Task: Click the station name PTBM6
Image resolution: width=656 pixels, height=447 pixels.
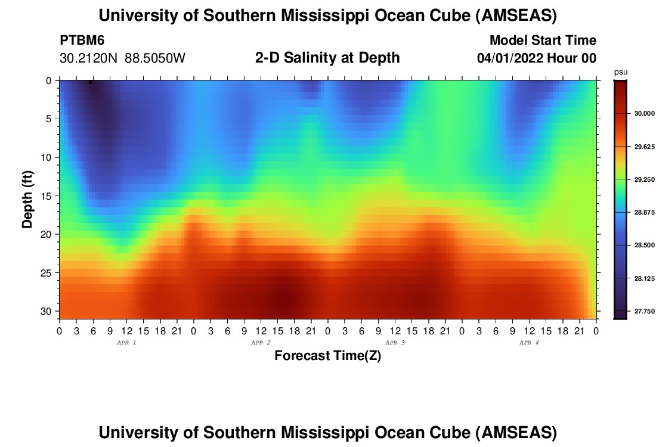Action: click(82, 41)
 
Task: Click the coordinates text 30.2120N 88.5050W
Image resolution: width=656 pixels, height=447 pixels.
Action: click(123, 58)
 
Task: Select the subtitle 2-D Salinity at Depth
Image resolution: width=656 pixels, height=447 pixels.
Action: click(327, 58)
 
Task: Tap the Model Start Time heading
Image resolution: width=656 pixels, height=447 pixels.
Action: click(543, 41)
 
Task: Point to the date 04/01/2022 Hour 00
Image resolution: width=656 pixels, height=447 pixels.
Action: click(537, 58)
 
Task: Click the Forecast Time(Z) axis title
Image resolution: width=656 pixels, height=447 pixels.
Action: click(327, 356)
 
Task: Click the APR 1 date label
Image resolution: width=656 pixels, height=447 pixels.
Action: click(126, 343)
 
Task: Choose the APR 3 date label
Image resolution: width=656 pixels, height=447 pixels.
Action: click(395, 343)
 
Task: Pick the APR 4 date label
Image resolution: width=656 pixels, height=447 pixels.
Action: click(529, 343)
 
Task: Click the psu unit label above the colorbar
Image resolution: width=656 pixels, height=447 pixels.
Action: click(620, 72)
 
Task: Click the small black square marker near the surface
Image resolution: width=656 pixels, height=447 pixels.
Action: click(90, 82)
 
